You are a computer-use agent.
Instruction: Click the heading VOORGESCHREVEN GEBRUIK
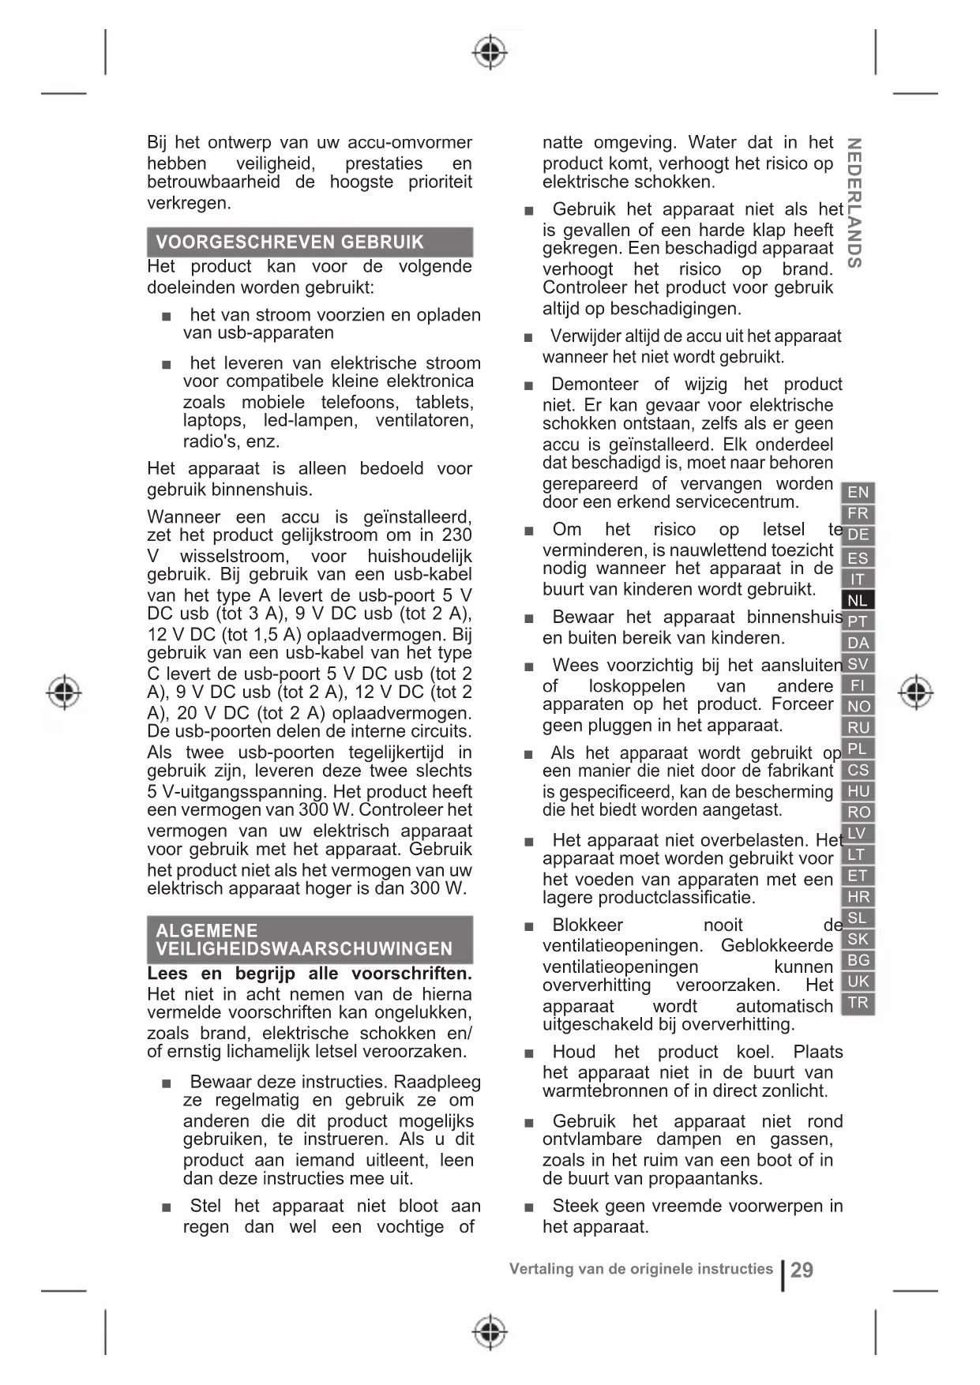point(290,242)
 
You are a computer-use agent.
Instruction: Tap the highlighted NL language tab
point(858,600)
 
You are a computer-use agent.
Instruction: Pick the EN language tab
point(858,493)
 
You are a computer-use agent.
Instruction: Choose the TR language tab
point(858,1003)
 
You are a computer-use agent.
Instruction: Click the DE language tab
point(858,535)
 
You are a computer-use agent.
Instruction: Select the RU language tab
point(858,727)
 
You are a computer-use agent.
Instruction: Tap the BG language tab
point(858,960)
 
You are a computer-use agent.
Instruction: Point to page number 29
point(802,1270)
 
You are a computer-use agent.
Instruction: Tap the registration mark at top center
point(490,53)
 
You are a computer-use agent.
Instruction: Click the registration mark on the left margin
point(64,692)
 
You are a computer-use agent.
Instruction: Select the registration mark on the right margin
point(915,692)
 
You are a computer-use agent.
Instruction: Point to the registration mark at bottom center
point(490,1332)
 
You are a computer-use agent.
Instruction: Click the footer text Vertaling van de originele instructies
point(640,1269)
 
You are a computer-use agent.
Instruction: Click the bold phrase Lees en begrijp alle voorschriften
point(310,974)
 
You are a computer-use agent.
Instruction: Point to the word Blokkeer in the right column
point(588,925)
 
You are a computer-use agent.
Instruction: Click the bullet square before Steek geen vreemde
point(528,1207)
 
